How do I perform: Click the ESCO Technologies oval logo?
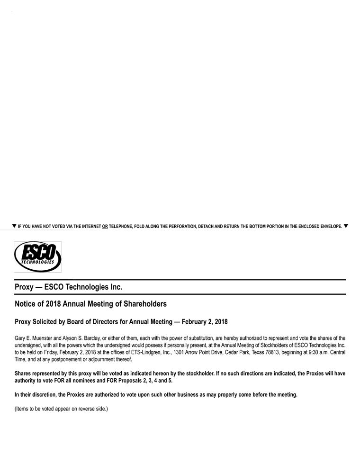[x=38, y=256]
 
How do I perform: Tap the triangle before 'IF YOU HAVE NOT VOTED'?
[x=14, y=226]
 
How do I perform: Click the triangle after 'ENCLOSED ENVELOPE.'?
[x=346, y=226]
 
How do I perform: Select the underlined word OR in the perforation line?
[x=105, y=227]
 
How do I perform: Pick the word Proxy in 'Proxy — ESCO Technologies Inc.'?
[x=24, y=287]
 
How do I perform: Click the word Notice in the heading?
[x=25, y=303]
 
